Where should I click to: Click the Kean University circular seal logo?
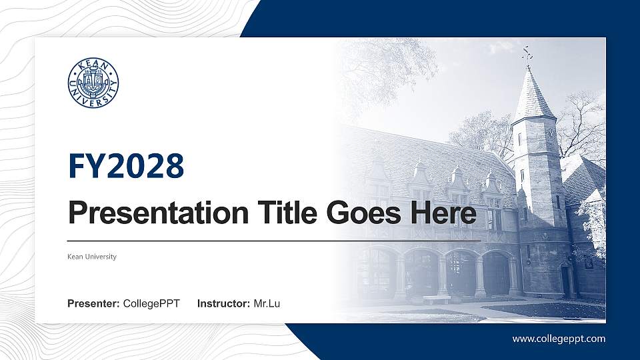tap(93, 83)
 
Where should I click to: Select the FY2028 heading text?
tap(126, 167)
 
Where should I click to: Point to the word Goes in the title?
tap(363, 214)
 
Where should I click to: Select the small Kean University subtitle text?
tap(92, 257)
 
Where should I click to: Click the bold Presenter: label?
tap(93, 304)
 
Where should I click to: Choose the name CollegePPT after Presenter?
tap(151, 304)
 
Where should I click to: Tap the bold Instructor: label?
tap(224, 304)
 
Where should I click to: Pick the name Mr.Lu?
tap(267, 304)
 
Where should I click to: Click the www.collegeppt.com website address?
tap(559, 339)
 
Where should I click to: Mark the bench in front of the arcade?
tap(437, 299)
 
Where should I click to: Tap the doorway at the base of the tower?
tap(567, 280)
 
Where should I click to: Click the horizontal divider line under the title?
tap(273, 240)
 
